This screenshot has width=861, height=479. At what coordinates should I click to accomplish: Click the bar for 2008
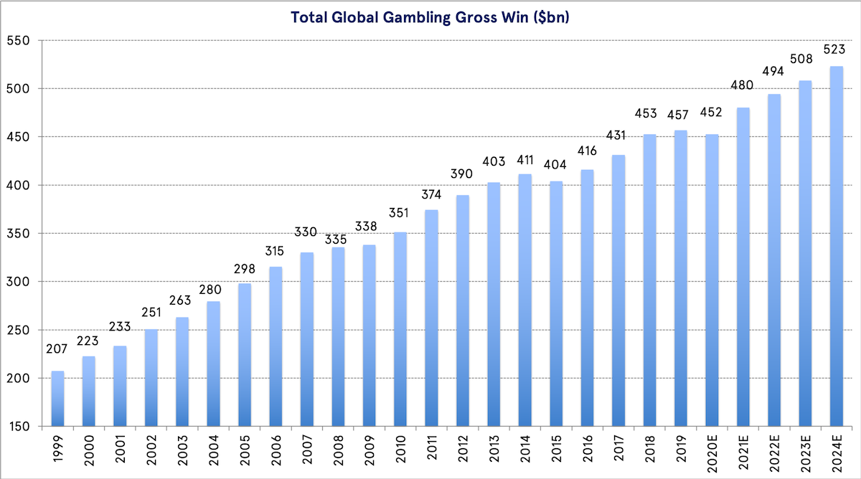[x=338, y=337]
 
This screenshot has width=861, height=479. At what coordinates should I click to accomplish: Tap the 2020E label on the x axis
[x=712, y=453]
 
